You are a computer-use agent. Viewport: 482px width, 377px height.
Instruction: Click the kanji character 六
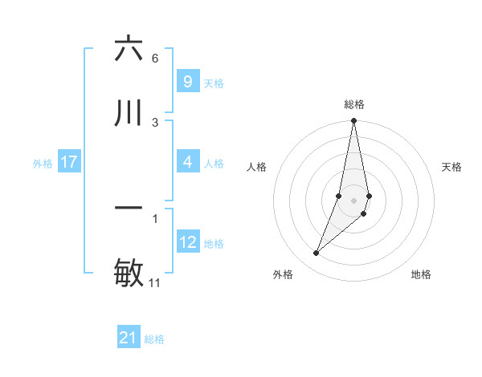129,49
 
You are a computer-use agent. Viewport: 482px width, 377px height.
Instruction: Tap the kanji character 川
129,113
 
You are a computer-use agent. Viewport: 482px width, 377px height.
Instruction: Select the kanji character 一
129,209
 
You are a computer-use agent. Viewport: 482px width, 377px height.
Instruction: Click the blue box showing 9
187,82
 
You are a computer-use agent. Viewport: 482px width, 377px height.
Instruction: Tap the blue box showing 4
187,162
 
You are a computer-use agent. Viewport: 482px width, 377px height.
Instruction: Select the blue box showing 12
187,242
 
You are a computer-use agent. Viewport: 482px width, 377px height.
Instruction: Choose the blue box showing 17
69,162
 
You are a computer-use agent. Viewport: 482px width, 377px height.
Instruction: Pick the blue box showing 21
129,338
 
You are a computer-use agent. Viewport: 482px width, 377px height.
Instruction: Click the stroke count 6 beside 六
154,59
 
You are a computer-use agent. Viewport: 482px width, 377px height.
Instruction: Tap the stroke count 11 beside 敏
155,283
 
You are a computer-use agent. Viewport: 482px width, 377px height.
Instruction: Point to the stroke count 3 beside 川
154,123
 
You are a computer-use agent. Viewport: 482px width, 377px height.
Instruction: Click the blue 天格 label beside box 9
214,83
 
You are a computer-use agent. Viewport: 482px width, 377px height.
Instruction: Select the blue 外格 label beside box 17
43,164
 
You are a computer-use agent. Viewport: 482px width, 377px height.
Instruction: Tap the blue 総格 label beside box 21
154,340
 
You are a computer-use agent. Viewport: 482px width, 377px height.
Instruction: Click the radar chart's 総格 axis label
354,104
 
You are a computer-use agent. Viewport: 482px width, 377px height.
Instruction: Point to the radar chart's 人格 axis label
257,167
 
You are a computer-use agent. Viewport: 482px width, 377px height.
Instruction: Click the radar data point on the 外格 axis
317,253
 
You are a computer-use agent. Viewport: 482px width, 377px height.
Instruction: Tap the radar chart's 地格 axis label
421,274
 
